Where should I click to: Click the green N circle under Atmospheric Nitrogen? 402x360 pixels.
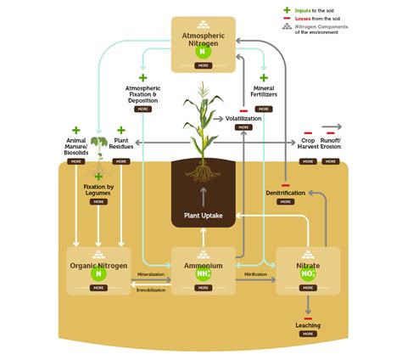pyautogui.click(x=203, y=51)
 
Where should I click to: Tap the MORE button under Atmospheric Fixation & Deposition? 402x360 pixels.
pyautogui.click(x=143, y=110)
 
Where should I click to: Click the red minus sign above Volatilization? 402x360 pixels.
pyautogui.click(x=243, y=110)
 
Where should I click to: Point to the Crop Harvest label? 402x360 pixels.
pyautogui.click(x=309, y=144)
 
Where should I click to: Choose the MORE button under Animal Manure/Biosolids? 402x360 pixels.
pyautogui.click(x=76, y=160)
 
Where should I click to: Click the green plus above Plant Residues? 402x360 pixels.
pyautogui.click(x=121, y=130)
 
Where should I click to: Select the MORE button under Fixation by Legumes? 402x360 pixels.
pyautogui.click(x=98, y=203)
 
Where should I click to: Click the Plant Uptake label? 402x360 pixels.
pyautogui.click(x=204, y=216)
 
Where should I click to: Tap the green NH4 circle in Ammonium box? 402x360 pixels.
pyautogui.click(x=203, y=273)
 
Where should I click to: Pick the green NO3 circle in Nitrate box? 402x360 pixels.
pyautogui.click(x=308, y=273)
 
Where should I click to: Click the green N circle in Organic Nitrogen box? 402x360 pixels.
pyautogui.click(x=98, y=273)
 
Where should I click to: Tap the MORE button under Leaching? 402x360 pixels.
pyautogui.click(x=308, y=334)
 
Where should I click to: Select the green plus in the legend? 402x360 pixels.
pyautogui.click(x=287, y=10)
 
